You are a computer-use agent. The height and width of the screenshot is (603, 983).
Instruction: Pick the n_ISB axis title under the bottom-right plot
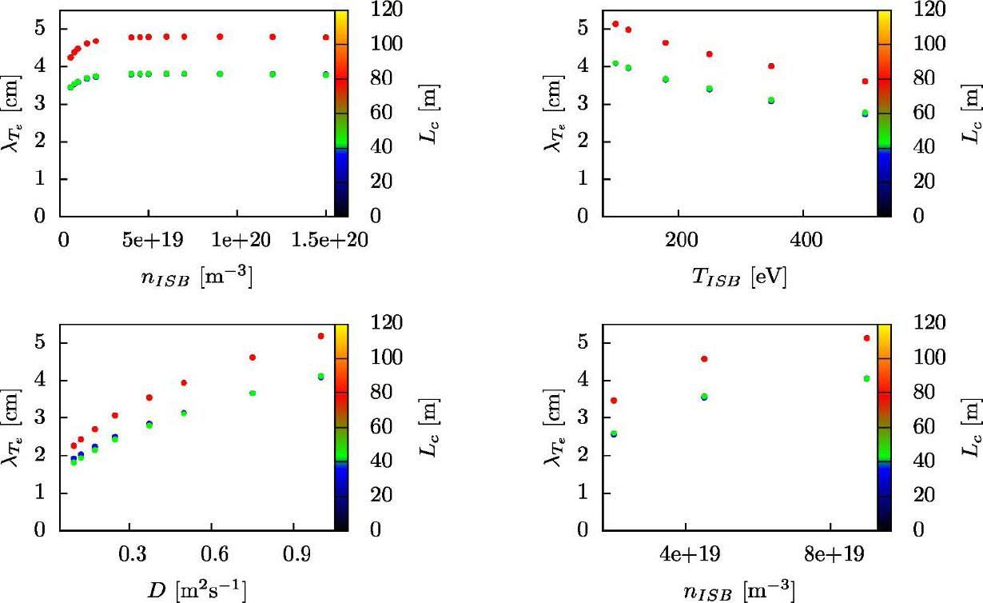739,590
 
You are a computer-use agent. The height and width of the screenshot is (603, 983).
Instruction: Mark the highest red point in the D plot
321,336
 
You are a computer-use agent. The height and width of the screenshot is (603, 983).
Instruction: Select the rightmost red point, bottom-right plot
866,338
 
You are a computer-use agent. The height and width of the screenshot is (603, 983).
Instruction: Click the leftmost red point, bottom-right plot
614,400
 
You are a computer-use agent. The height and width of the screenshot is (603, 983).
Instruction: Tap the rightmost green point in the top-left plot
326,74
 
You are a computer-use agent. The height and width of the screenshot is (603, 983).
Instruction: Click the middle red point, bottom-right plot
704,359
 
